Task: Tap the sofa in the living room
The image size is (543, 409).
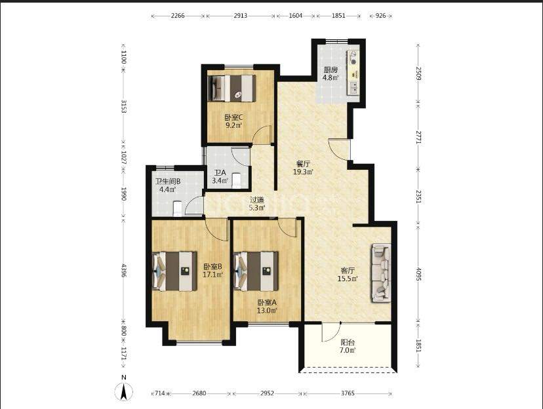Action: point(381,273)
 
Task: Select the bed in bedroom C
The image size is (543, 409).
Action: point(231,88)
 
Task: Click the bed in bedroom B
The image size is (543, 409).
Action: point(174,271)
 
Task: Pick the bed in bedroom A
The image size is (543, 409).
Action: point(256,271)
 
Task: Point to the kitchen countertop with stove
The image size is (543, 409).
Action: point(353,73)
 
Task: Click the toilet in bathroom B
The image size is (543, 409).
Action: point(178,208)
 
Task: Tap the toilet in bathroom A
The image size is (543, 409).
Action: point(236,181)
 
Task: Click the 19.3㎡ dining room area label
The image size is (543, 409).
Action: point(303,172)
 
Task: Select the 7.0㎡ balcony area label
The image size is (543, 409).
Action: point(348,350)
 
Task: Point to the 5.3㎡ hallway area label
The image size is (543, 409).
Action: point(257,208)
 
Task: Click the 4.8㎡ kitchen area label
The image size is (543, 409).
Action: point(331,78)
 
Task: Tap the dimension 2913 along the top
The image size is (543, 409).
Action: point(240,16)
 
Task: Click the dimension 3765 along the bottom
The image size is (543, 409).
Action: point(348,393)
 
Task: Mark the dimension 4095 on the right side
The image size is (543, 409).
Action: point(418,274)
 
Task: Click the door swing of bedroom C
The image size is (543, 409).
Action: point(262,134)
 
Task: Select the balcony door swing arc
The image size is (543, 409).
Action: point(331,332)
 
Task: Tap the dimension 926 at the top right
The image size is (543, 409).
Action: point(380,16)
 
